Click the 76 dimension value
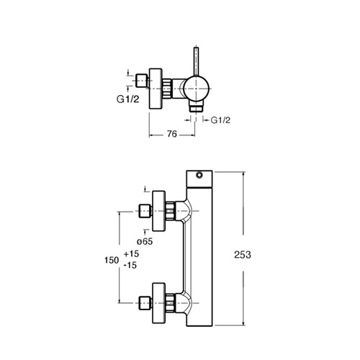click(x=172, y=134)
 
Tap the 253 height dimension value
click(x=243, y=255)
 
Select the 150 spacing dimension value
click(x=112, y=260)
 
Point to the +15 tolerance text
click(x=131, y=253)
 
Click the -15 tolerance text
click(x=130, y=265)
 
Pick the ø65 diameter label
click(x=145, y=241)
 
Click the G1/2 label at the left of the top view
click(x=128, y=99)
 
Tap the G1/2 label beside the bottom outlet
click(x=220, y=120)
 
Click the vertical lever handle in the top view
click(x=197, y=61)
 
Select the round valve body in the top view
click(x=197, y=89)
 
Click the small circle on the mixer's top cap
click(x=199, y=175)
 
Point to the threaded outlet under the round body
click(x=197, y=107)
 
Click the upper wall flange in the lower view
click(x=159, y=211)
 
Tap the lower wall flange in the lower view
click(x=159, y=303)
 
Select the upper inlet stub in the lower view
click(x=145, y=211)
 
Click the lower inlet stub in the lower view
click(x=145, y=303)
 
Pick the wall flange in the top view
click(x=156, y=89)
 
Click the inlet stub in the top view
click(x=142, y=81)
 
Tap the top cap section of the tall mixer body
click(x=199, y=179)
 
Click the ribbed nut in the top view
click(x=167, y=89)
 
